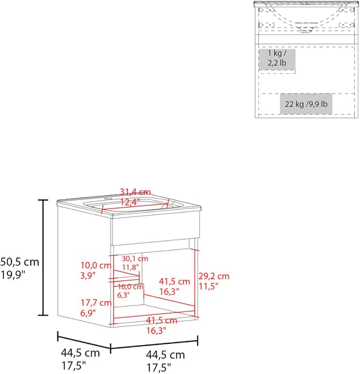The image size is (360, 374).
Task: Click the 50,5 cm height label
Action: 20,262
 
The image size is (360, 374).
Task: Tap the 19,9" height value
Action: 13,275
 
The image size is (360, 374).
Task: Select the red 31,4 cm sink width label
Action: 135,192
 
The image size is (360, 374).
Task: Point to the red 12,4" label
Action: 130,202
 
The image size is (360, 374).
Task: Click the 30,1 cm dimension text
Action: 135,258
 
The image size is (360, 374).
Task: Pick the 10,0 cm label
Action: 96,265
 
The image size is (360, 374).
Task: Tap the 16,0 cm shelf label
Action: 130,286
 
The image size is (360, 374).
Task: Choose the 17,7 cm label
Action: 96,303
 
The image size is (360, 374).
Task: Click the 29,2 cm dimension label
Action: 214,276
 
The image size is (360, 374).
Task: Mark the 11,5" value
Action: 208,286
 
